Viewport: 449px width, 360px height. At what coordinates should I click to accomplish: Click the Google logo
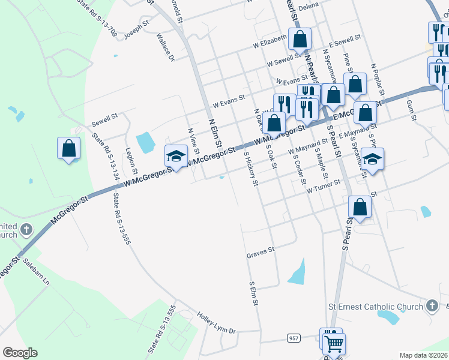point(20,353)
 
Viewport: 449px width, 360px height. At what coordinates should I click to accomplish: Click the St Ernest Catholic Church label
point(375,307)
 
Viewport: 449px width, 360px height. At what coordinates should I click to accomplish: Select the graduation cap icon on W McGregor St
point(176,155)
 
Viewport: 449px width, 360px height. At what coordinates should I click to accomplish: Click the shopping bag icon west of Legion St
point(69,148)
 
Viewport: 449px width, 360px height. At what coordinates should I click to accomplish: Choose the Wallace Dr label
point(165,48)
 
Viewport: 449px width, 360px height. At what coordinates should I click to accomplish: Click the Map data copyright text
point(424,355)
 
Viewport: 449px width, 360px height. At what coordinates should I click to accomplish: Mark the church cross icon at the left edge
point(26,229)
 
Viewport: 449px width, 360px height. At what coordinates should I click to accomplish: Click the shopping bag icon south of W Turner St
point(360,207)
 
